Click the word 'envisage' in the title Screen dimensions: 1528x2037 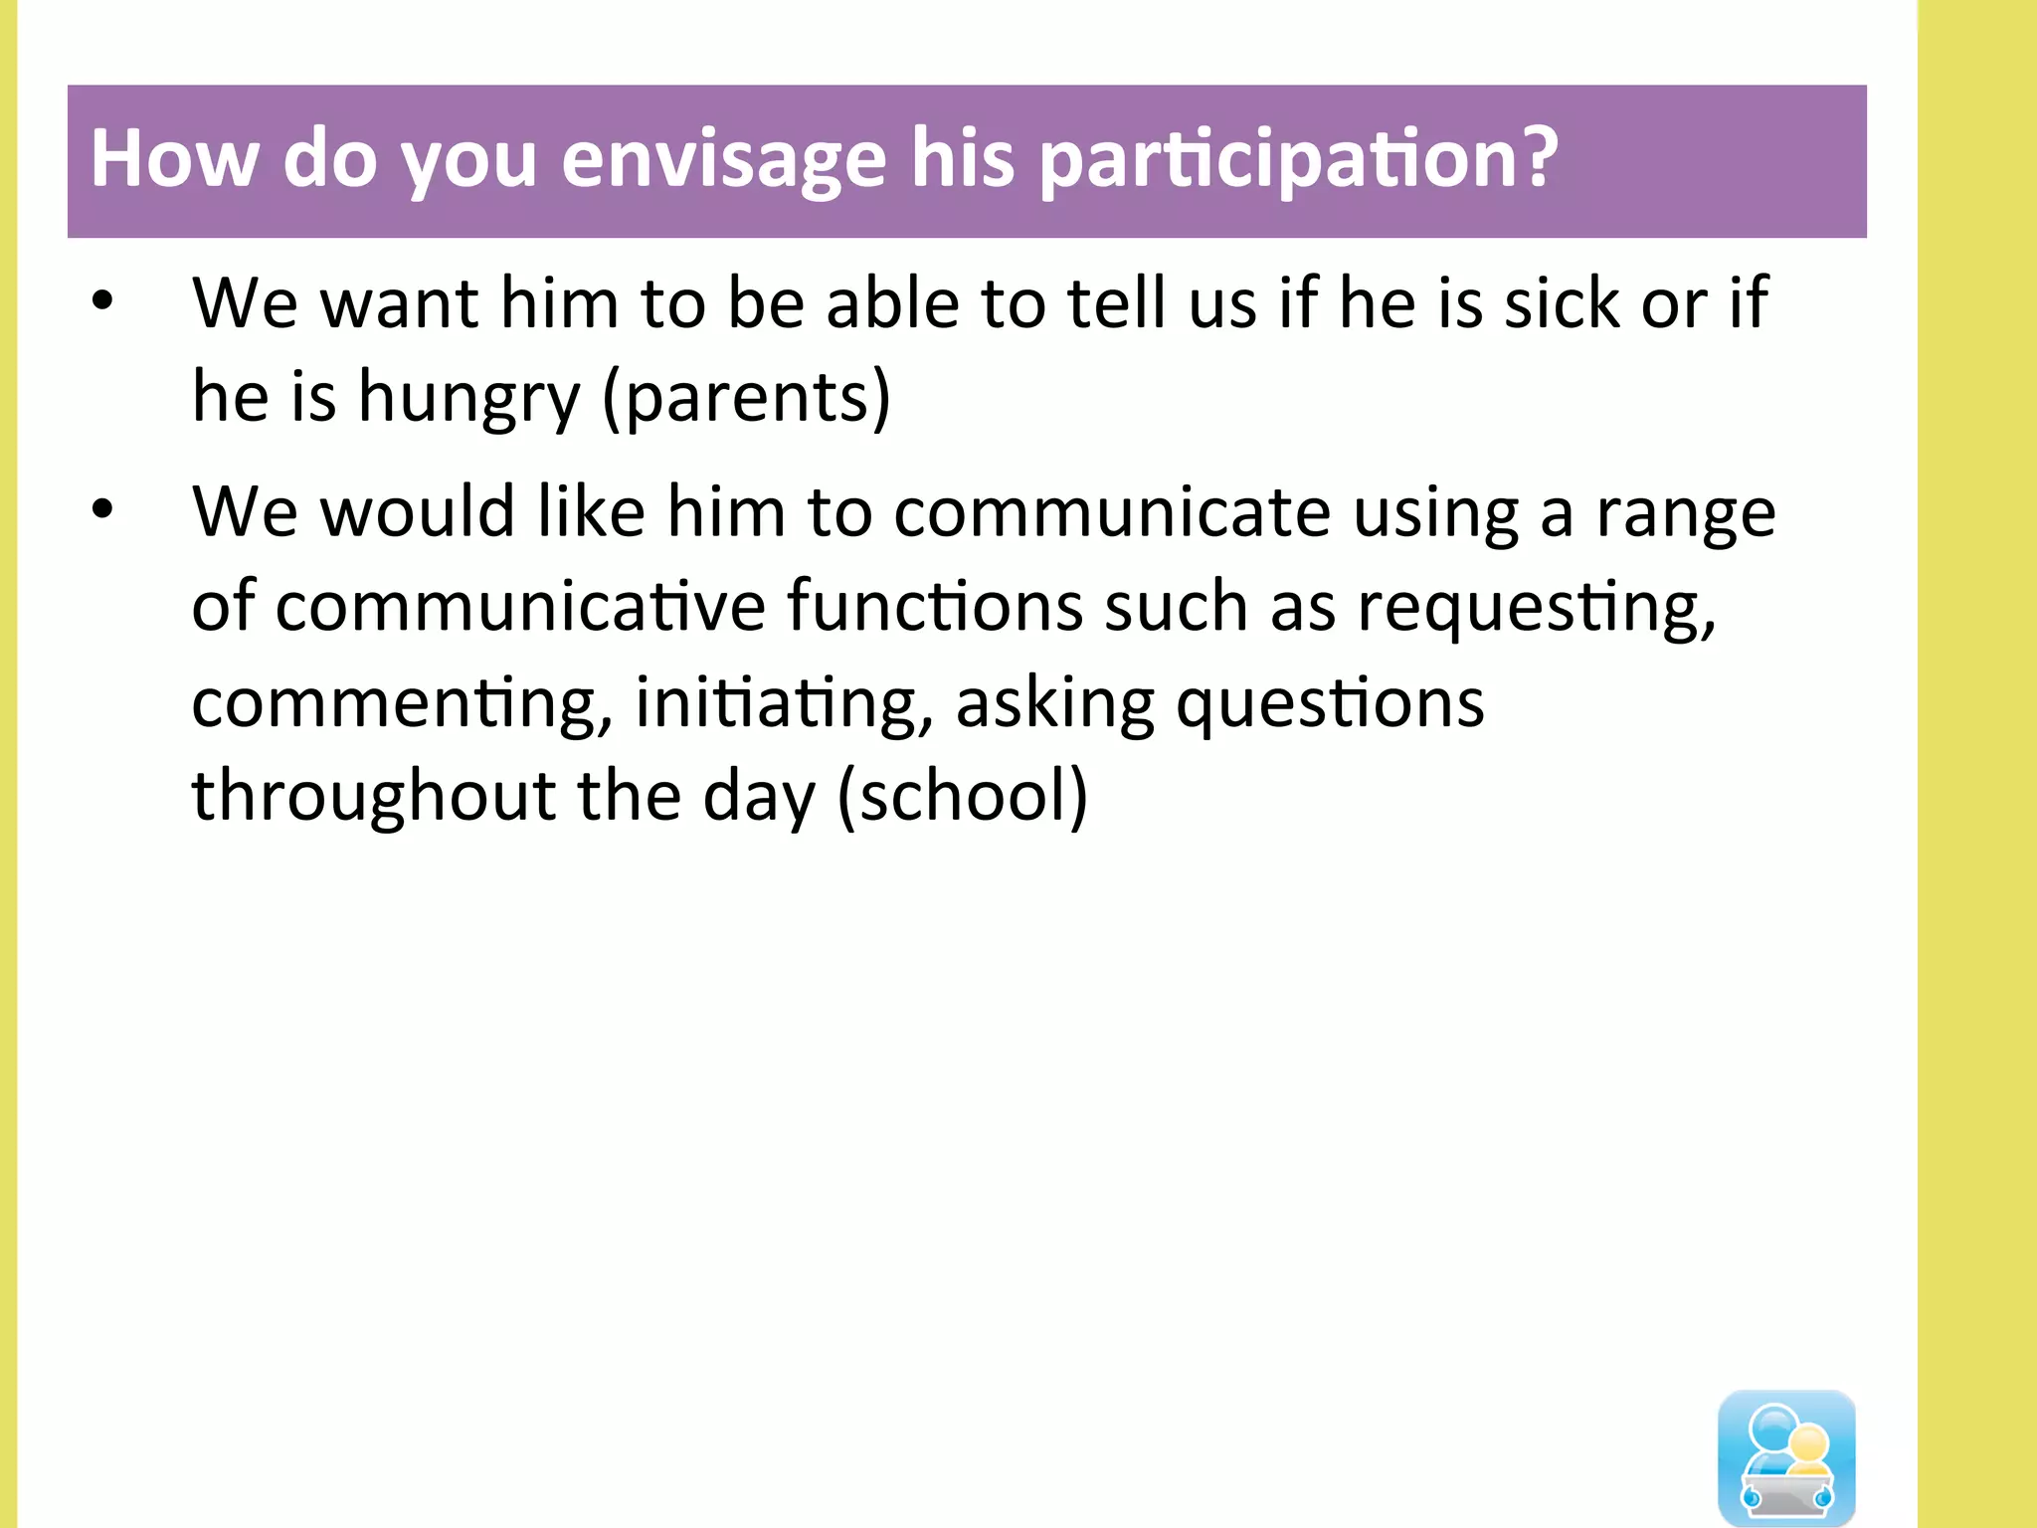[x=723, y=159]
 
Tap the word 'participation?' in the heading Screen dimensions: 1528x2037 [x=1299, y=159]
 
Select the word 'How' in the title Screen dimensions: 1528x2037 [x=175, y=159]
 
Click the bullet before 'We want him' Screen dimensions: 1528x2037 [x=102, y=301]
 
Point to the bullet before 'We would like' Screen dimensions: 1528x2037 [x=102, y=510]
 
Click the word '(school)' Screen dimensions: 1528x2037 [x=963, y=796]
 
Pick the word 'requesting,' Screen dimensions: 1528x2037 [x=1537, y=607]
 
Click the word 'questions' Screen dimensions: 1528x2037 [x=1330, y=702]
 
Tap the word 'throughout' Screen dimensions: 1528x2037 [x=374, y=796]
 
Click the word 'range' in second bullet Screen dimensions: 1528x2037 [x=1686, y=513]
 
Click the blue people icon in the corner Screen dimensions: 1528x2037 [x=1786, y=1457]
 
